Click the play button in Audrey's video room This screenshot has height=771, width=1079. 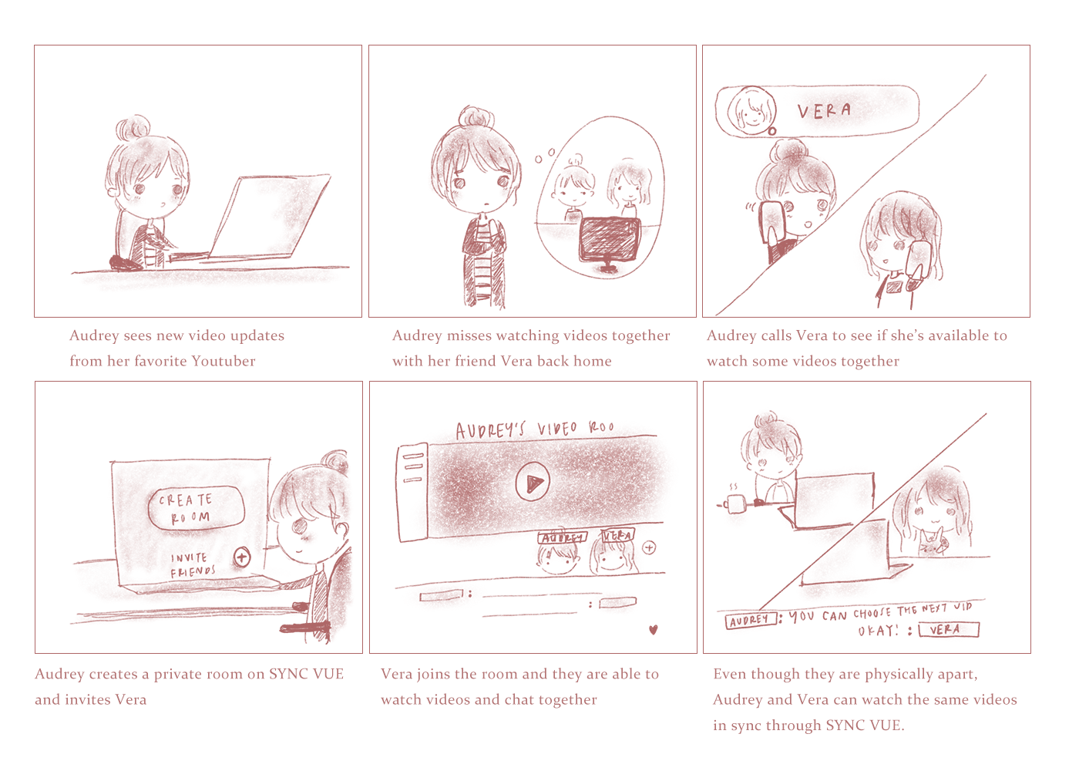pyautogui.click(x=533, y=482)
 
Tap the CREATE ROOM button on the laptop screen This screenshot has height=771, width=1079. pyautogui.click(x=196, y=507)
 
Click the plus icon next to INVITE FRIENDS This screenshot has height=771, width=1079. pyautogui.click(x=242, y=557)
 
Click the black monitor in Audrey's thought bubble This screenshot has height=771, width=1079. pyautogui.click(x=609, y=240)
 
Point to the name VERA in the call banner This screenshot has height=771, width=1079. pyautogui.click(x=824, y=111)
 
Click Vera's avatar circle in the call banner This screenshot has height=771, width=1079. pyautogui.click(x=751, y=110)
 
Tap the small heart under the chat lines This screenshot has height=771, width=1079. pyautogui.click(x=654, y=630)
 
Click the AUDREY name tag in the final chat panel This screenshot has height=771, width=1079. pyautogui.click(x=750, y=620)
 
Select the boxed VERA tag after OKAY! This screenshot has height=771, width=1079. pyautogui.click(x=949, y=630)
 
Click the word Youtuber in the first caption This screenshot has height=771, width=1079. pyautogui.click(x=223, y=361)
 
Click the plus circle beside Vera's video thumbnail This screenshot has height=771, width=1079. pyautogui.click(x=649, y=547)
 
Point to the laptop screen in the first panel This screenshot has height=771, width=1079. pyautogui.click(x=274, y=216)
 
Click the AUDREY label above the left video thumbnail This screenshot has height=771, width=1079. pyautogui.click(x=562, y=537)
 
